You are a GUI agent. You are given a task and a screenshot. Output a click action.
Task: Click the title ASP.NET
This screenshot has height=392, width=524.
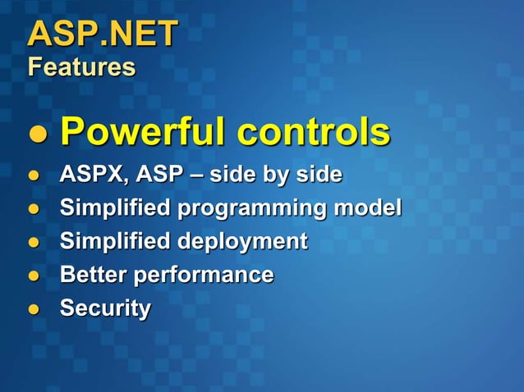(x=103, y=34)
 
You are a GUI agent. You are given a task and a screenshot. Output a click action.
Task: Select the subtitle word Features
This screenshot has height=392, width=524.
(x=81, y=67)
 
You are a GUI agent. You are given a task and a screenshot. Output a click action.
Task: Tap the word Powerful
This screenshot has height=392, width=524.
(x=142, y=131)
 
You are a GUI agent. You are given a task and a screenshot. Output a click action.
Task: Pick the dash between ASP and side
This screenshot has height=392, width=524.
(x=195, y=176)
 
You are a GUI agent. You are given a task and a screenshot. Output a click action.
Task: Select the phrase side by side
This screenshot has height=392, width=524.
(x=275, y=175)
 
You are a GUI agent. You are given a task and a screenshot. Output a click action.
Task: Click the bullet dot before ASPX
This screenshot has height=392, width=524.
(x=34, y=176)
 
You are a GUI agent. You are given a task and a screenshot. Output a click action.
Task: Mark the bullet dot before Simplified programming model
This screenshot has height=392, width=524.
(x=34, y=210)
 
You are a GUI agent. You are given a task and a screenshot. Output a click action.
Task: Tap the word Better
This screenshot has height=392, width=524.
(x=92, y=275)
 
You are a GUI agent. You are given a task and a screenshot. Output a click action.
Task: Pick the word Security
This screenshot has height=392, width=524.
(x=105, y=308)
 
